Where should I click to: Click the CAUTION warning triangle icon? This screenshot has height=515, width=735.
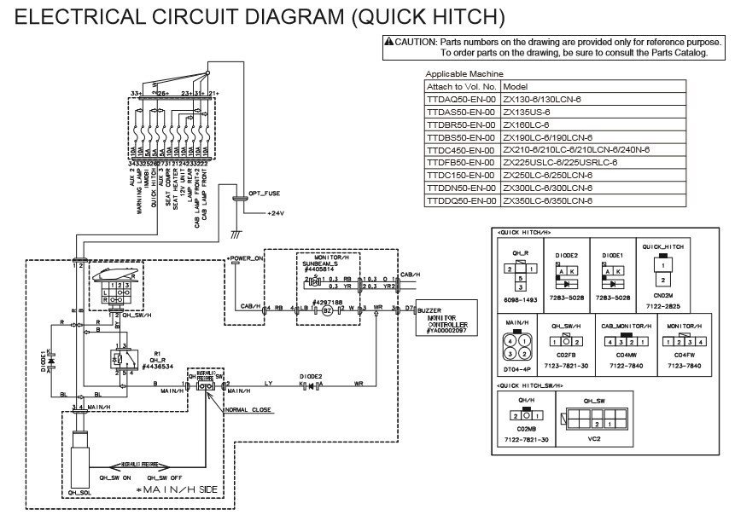389,42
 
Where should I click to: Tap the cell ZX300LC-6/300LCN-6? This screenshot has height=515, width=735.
547,188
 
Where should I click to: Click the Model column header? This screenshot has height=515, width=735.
515,86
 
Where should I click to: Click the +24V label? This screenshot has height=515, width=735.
276,211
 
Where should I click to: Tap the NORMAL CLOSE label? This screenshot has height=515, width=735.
250,408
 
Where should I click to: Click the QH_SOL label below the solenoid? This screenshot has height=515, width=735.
78,491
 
